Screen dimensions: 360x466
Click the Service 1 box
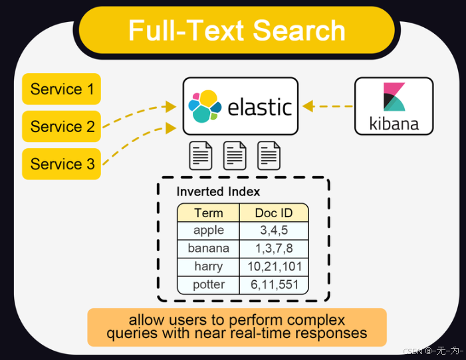tap(61, 89)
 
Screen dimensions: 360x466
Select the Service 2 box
tap(61, 126)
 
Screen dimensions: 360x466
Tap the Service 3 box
tap(61, 164)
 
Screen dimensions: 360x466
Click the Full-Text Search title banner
tap(237, 31)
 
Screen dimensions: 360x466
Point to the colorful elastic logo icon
tap(205, 106)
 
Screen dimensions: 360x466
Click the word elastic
tap(260, 106)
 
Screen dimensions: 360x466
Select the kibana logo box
tap(394, 106)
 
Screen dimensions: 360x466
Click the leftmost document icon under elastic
tap(201, 155)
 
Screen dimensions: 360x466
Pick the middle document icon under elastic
tap(235, 155)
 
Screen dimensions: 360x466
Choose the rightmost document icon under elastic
tap(269, 155)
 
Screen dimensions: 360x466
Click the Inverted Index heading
tap(218, 192)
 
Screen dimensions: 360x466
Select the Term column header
tap(208, 213)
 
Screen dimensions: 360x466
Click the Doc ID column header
tap(274, 213)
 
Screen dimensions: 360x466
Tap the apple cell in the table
tap(208, 230)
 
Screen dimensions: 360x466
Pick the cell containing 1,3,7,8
tap(274, 248)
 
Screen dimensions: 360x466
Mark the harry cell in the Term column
tap(208, 266)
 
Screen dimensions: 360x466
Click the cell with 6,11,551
tap(274, 284)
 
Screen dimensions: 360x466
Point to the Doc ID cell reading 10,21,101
tap(274, 266)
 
